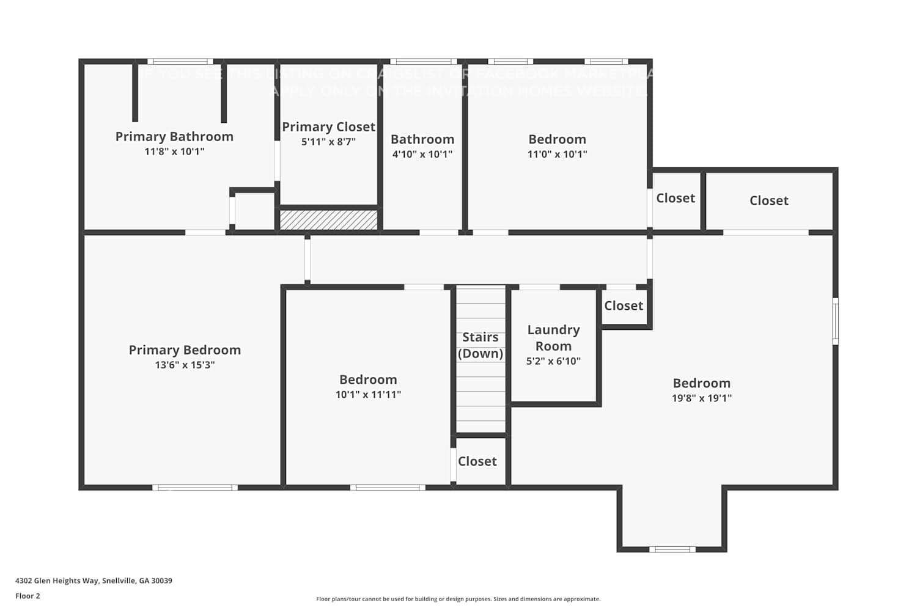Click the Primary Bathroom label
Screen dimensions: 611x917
pos(174,136)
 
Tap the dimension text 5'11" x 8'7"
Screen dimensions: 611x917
pos(328,142)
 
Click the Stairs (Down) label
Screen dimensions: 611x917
pos(481,345)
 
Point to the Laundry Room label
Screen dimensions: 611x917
pos(553,338)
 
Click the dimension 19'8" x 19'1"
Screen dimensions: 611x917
pos(701,398)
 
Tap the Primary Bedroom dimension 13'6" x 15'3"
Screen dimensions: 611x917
pos(185,365)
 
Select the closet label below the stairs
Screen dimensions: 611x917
pos(477,461)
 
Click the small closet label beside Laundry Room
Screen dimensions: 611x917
pos(624,305)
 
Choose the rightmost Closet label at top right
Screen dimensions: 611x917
pos(768,200)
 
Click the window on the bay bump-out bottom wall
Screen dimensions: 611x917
pos(672,549)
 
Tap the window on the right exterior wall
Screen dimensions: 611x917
pos(835,321)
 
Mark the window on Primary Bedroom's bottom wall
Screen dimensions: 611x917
pos(195,488)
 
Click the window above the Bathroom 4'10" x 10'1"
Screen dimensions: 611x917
pos(423,62)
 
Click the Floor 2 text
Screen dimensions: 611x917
pos(28,596)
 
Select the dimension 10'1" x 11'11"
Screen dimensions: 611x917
pos(368,395)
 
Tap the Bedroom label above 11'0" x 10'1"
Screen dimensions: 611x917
pos(557,139)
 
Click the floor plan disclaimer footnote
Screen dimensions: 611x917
pos(458,599)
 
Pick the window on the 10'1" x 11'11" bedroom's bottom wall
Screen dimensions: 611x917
pos(388,488)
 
